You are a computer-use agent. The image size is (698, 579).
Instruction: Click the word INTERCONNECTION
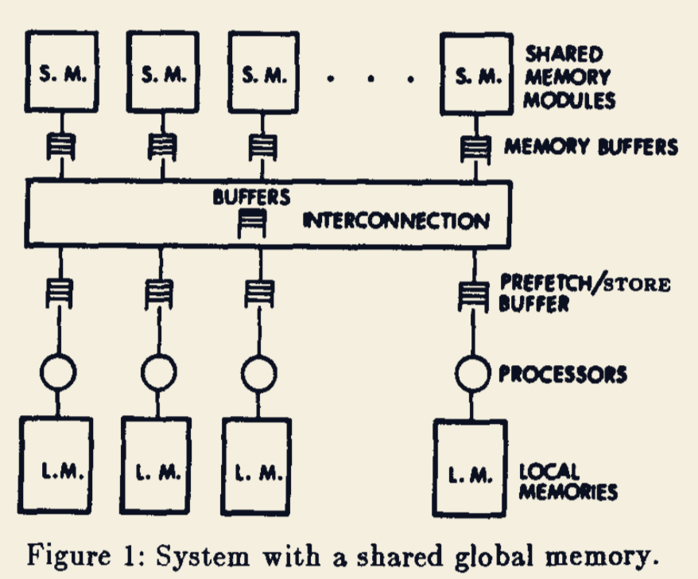(x=396, y=220)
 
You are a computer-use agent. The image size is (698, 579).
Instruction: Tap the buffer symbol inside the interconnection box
(x=252, y=225)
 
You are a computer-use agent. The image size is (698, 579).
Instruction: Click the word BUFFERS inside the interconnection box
(x=250, y=196)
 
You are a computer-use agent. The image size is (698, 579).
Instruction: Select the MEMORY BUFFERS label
(x=591, y=147)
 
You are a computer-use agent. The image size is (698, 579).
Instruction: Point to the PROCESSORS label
(x=563, y=374)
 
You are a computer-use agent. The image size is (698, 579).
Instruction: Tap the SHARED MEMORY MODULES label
(x=569, y=77)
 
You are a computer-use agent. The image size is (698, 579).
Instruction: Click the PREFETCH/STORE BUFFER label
(x=584, y=293)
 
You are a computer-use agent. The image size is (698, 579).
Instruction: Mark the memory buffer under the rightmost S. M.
(x=475, y=147)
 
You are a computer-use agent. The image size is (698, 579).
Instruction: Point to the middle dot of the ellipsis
(x=370, y=78)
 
